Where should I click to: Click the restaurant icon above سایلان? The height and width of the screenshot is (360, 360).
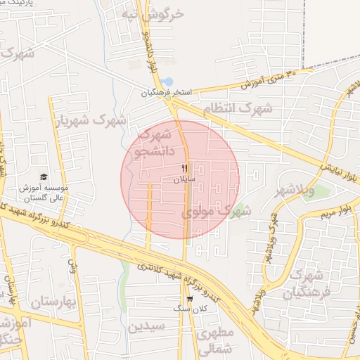click(x=184, y=168)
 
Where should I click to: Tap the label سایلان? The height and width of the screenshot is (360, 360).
click(x=184, y=180)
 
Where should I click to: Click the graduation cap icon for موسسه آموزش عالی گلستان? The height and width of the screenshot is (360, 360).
click(x=44, y=177)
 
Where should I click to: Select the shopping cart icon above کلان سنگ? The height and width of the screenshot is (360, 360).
click(x=189, y=298)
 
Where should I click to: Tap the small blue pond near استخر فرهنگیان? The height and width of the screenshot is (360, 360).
click(x=167, y=82)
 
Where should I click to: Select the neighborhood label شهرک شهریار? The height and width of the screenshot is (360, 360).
click(x=91, y=121)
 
